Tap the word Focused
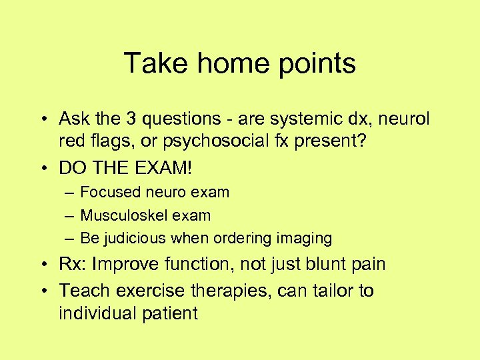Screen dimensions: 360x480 coord(107,193)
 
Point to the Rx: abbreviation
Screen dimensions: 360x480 coord(73,264)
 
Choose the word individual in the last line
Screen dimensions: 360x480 coord(97,313)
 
